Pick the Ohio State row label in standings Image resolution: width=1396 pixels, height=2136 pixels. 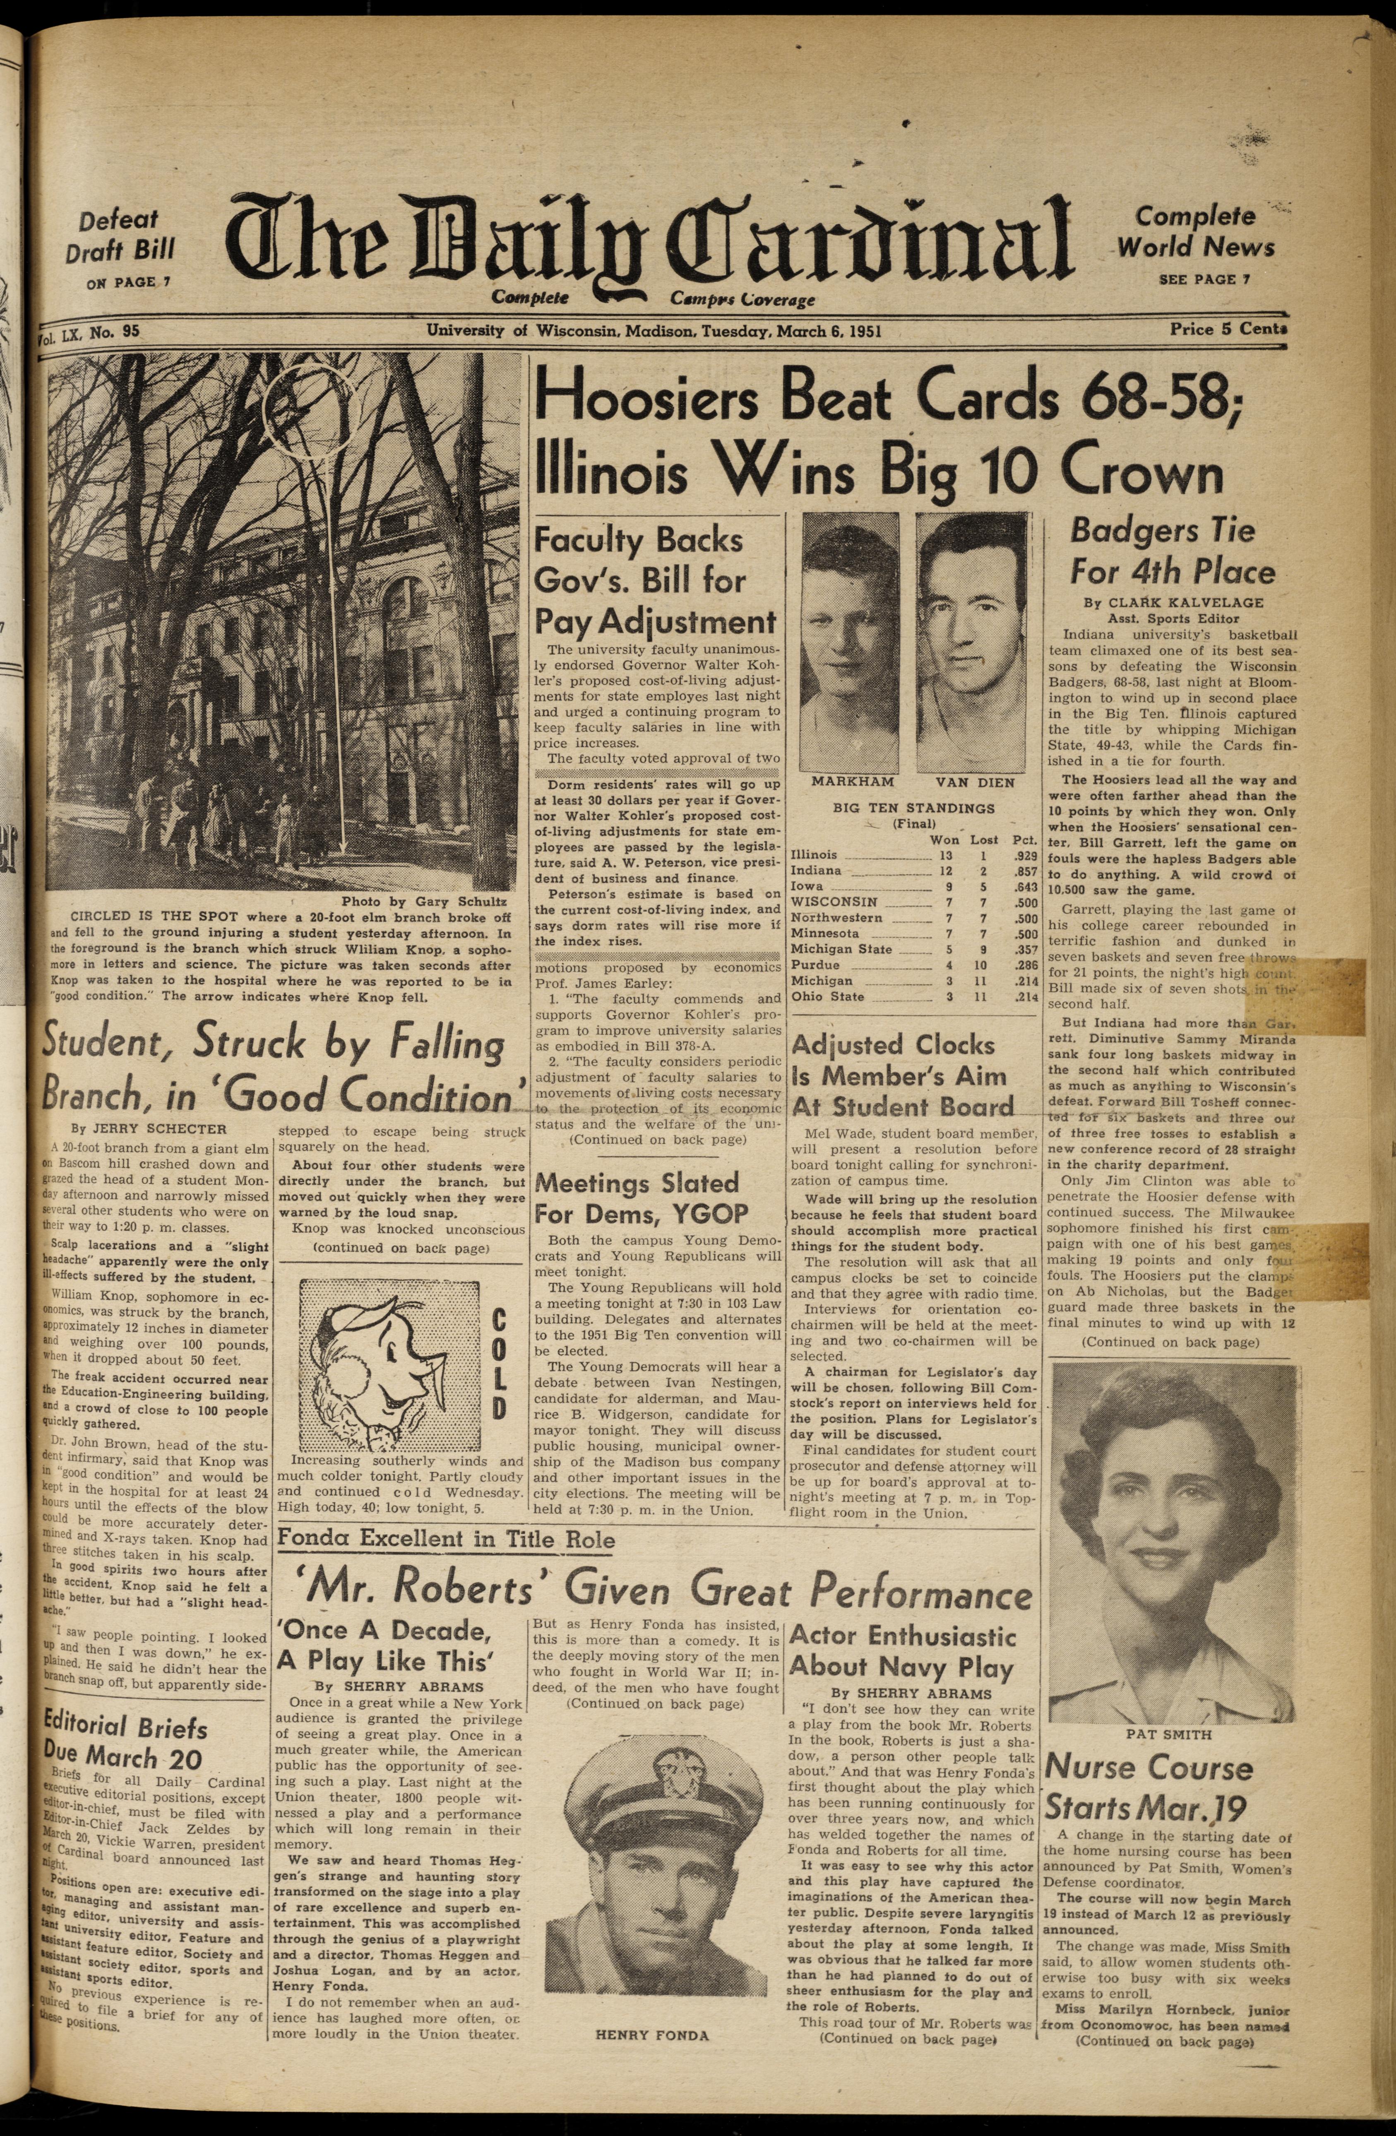(x=827, y=996)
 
